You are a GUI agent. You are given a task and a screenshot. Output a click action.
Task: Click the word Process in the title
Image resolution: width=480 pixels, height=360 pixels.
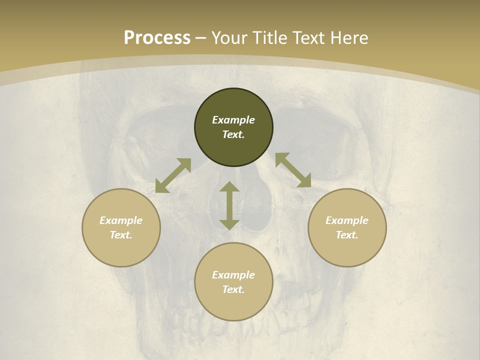[157, 38]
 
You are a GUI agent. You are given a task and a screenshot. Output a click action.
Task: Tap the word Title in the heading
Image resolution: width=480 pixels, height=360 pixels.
[270, 38]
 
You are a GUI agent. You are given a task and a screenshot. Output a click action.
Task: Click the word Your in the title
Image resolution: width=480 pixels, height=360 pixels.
[230, 38]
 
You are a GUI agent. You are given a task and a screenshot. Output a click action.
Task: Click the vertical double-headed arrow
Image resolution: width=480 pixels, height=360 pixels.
[229, 206]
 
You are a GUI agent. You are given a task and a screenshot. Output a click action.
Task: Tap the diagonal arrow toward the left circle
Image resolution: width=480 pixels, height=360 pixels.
[173, 175]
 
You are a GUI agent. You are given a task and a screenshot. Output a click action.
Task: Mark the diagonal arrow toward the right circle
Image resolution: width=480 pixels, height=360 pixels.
[293, 170]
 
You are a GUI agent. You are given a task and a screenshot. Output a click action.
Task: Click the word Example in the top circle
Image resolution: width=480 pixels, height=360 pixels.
[233, 120]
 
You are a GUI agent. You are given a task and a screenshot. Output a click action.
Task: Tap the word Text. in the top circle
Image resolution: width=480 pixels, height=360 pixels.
[233, 134]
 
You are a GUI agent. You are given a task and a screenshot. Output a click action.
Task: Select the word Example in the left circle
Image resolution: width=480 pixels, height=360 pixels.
[121, 220]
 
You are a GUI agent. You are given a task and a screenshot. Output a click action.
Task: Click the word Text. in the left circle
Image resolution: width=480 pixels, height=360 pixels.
[121, 235]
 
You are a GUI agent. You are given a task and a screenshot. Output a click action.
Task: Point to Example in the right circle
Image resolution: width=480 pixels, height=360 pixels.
[347, 220]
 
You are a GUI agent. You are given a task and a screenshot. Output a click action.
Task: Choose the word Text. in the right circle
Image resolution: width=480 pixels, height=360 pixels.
[347, 235]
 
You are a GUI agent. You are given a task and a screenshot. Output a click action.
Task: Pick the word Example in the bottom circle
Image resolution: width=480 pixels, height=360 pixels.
[233, 275]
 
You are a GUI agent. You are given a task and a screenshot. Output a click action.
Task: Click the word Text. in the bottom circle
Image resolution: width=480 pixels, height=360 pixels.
[233, 289]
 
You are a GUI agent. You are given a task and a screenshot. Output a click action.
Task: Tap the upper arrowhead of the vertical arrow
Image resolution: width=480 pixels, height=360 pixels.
[229, 187]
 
